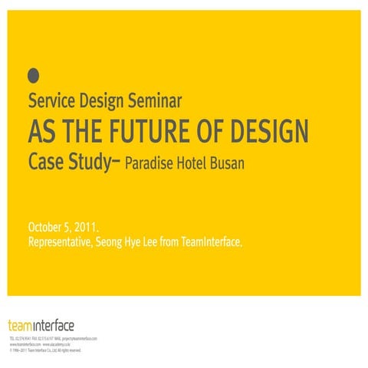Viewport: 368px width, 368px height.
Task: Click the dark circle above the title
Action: (33, 74)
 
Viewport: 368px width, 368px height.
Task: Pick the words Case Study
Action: (68, 163)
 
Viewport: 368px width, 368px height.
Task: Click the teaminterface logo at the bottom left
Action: (41, 325)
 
